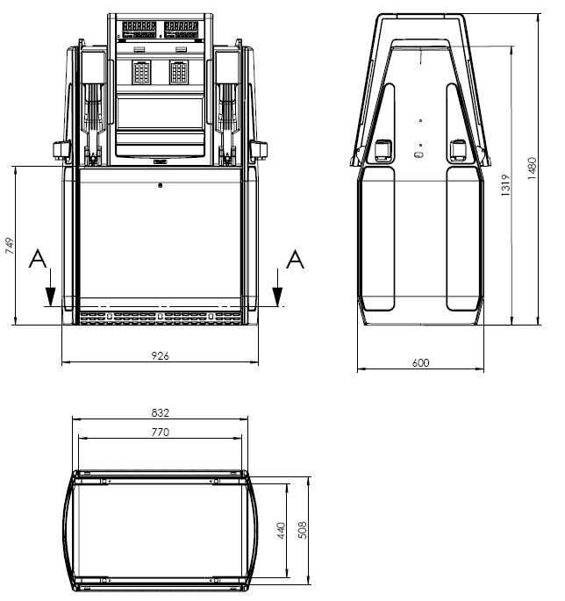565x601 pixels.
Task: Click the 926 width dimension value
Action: click(160, 356)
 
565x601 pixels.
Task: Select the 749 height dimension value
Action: click(10, 246)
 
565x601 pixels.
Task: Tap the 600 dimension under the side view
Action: click(420, 363)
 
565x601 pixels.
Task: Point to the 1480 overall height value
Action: click(532, 168)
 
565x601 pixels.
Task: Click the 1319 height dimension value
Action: click(505, 185)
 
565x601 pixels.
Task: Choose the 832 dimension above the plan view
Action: click(160, 413)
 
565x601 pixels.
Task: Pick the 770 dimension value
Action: click(160, 433)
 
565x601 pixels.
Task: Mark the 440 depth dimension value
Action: click(281, 531)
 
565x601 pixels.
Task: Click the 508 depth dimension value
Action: click(302, 531)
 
